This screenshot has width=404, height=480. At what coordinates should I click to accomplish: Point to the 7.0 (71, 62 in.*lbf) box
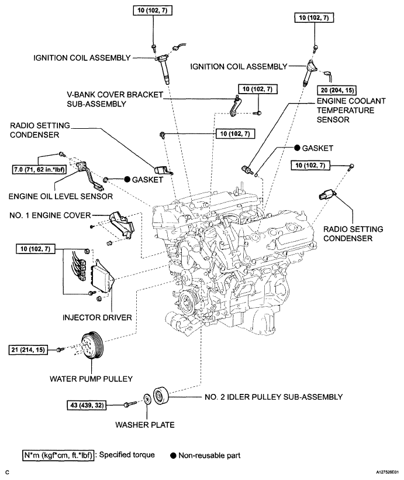point(39,169)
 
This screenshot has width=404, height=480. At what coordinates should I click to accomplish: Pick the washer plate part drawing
point(147,400)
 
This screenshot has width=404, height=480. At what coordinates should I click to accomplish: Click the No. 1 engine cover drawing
point(121,225)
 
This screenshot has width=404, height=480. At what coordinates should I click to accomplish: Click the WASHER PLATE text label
point(144,424)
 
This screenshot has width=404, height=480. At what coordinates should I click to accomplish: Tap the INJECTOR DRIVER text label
point(97,317)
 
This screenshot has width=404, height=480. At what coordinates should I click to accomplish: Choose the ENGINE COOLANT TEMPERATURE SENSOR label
point(351,110)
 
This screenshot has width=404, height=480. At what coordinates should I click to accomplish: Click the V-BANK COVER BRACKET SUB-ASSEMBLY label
point(115,99)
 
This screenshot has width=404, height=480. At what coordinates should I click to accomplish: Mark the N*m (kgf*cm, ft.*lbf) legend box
point(58,455)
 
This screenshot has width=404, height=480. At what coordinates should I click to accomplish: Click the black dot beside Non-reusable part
point(174,455)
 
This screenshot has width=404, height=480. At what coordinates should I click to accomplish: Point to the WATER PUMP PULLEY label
point(91,379)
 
